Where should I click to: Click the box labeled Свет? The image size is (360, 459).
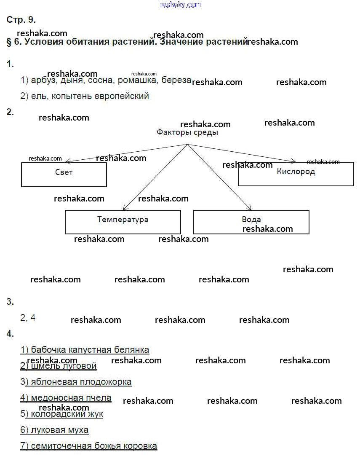tap(64, 174)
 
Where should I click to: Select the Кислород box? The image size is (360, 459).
tap(296, 174)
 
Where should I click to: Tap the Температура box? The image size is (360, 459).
tap(123, 222)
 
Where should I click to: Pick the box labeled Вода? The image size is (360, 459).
tap(251, 222)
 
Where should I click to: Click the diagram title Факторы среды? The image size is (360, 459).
tap(187, 132)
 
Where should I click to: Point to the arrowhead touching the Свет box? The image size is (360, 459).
tap(67, 161)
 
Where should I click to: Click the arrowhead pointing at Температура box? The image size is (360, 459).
tap(125, 208)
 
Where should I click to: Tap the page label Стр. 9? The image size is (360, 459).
tap(21, 20)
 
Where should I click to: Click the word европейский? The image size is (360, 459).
tap(122, 96)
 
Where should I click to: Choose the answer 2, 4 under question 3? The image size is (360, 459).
tap(28, 318)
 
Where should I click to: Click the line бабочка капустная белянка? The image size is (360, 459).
tap(85, 350)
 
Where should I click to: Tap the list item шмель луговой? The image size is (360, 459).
tap(59, 366)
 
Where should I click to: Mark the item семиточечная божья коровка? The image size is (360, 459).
tap(89, 446)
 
